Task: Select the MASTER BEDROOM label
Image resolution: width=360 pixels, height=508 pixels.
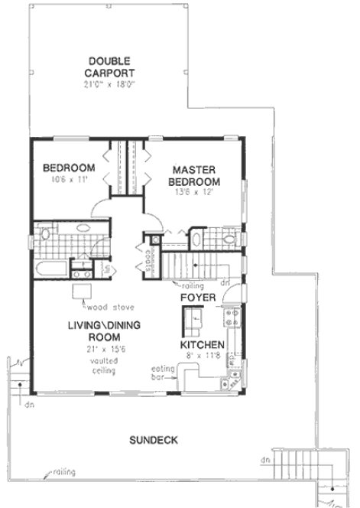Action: tap(196, 175)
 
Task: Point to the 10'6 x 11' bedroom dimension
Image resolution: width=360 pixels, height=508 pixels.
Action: tap(68, 181)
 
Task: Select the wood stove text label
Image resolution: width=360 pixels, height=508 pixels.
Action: tap(106, 308)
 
